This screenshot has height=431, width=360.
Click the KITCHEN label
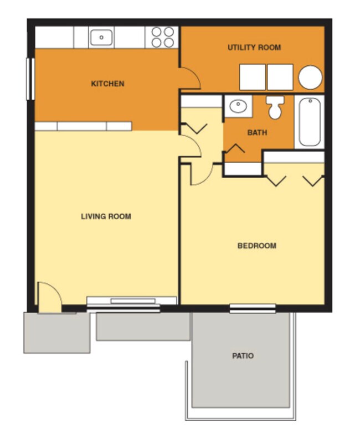107,84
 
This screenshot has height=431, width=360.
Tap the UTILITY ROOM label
254,48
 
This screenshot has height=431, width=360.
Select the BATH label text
257,133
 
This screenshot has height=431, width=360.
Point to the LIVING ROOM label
106,216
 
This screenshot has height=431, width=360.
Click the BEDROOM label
256,246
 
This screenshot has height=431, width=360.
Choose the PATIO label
243,356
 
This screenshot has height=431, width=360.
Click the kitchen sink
101,38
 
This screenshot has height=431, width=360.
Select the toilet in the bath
275,107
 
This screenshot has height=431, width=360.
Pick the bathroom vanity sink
238,106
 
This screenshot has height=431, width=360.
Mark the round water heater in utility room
310,77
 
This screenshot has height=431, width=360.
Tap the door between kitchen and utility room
189,79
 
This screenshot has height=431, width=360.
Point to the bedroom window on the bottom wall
253,308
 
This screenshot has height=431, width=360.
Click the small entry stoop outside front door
56,333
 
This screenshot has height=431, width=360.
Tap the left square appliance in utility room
253,77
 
